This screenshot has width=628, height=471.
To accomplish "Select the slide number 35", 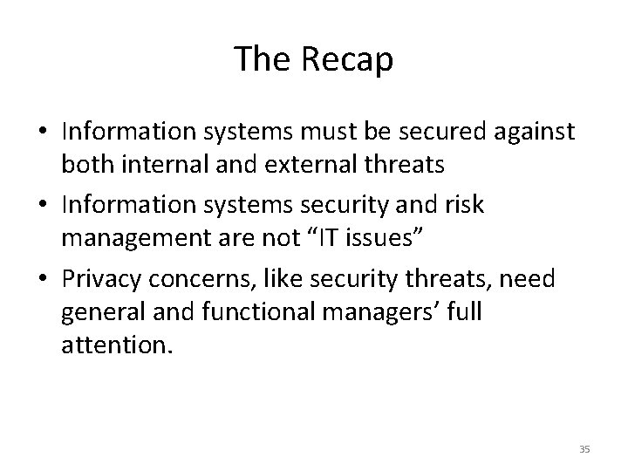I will click(x=584, y=449).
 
